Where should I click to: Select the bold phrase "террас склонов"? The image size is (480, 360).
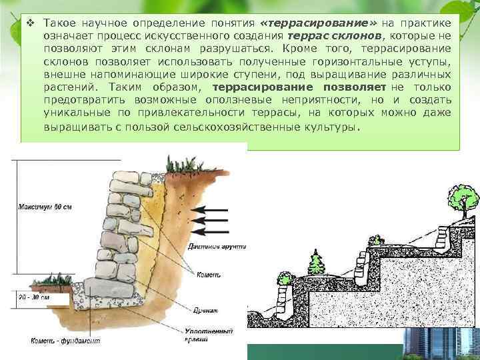tap(329, 35)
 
